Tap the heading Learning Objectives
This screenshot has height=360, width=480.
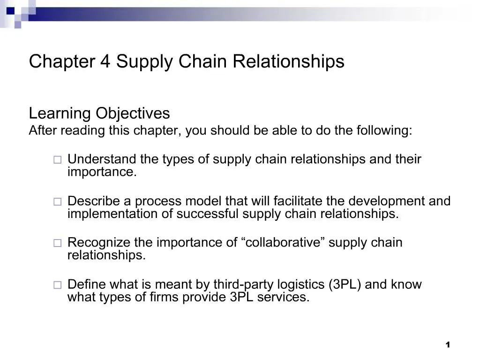coord(99,113)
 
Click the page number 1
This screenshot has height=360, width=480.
coord(448,345)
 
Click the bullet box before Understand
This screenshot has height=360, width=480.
coord(57,160)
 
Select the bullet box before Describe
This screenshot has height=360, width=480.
coord(57,202)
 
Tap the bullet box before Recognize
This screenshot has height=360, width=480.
coord(57,243)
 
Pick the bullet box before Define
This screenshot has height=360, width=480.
coord(57,285)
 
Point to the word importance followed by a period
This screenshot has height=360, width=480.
coord(102,172)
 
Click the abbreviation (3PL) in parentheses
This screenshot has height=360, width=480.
coord(345,285)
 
